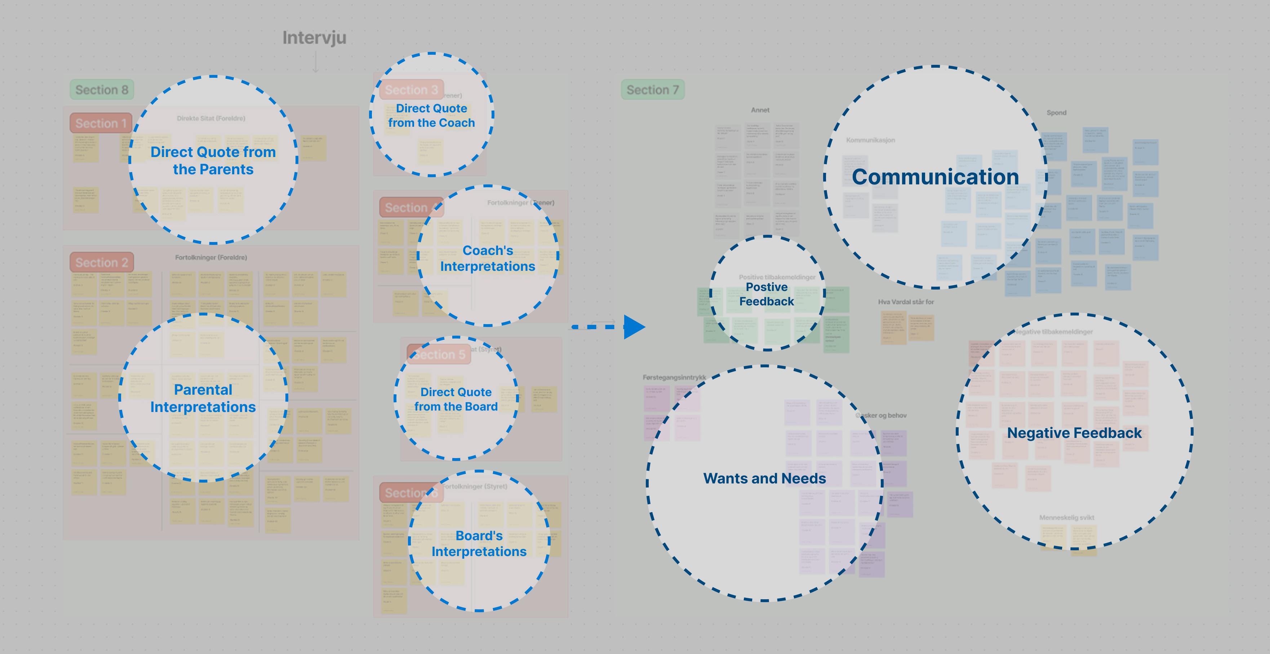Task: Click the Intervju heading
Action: pyautogui.click(x=314, y=38)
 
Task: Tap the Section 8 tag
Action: pyautogui.click(x=102, y=90)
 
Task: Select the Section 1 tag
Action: pyautogui.click(x=101, y=123)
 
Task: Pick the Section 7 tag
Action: pyautogui.click(x=652, y=90)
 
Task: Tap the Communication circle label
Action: pyautogui.click(x=935, y=177)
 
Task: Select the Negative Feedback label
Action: pyautogui.click(x=1074, y=433)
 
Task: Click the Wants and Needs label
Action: pyautogui.click(x=764, y=478)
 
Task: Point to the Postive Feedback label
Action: pyautogui.click(x=767, y=294)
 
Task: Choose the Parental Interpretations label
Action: pyautogui.click(x=203, y=398)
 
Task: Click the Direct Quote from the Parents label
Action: pyautogui.click(x=213, y=161)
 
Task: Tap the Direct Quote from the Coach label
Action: pyautogui.click(x=431, y=115)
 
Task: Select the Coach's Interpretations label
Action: pyautogui.click(x=487, y=258)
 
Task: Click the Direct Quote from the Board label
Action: pyautogui.click(x=456, y=399)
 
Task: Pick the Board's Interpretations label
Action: pyautogui.click(x=479, y=543)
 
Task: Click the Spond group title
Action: pyautogui.click(x=1056, y=113)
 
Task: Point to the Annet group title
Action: pyautogui.click(x=760, y=110)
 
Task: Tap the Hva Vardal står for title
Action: pyautogui.click(x=906, y=302)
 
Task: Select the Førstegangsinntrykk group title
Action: pyautogui.click(x=674, y=377)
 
